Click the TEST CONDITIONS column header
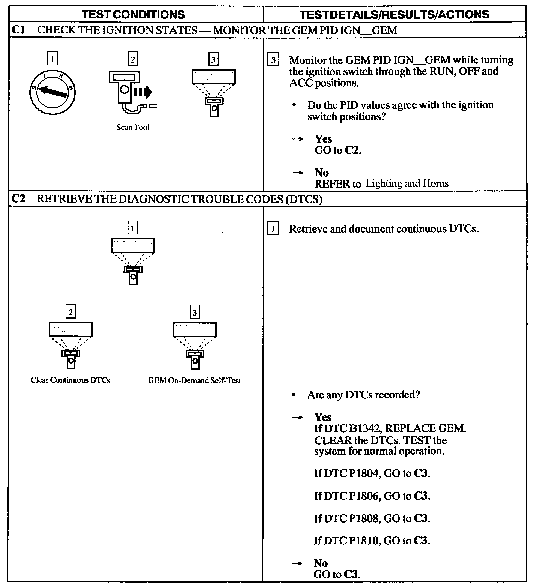point(133,14)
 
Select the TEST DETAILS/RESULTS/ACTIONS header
point(394,14)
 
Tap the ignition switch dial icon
point(53,91)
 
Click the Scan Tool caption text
point(132,128)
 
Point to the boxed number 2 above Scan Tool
point(132,59)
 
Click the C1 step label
point(18,30)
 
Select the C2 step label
point(18,198)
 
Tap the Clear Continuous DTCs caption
point(70,380)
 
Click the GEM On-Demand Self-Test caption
point(194,380)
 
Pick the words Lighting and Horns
point(407,183)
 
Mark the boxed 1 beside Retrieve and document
point(273,228)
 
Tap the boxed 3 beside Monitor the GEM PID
point(273,60)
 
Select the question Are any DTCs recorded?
point(363,395)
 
